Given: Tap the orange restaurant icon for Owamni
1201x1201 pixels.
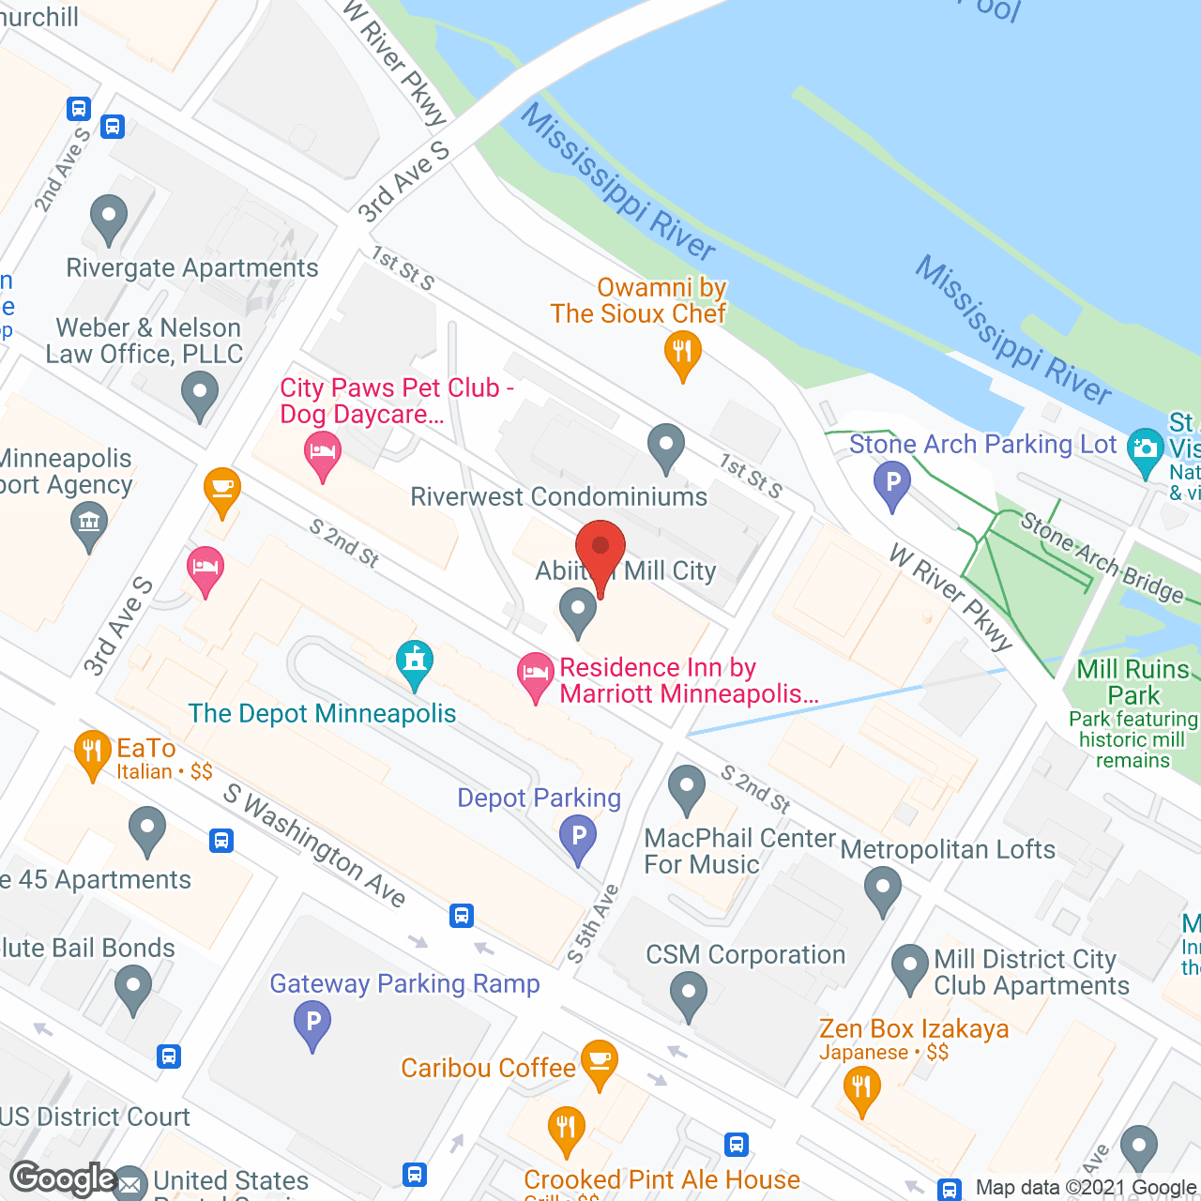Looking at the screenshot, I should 682,354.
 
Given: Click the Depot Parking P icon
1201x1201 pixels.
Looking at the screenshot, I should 578,837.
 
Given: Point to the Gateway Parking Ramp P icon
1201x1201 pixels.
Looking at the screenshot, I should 312,1022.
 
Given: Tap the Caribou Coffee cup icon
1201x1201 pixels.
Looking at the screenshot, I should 599,1061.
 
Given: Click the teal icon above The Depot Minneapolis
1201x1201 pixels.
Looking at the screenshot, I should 414,662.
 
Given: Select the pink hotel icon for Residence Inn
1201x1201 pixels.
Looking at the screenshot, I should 535,674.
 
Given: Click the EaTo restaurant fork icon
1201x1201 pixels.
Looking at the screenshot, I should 92,752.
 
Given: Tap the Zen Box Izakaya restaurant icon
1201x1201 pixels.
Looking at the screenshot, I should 860,1089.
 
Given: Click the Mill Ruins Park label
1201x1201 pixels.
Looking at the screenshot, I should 1133,682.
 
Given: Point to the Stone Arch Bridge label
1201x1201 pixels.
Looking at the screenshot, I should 1102,557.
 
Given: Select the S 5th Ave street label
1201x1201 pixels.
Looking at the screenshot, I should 593,924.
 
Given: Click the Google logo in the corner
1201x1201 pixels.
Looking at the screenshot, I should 64,1178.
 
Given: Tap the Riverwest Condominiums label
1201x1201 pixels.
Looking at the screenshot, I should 559,496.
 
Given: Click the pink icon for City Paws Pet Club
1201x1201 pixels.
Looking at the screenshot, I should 322,454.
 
